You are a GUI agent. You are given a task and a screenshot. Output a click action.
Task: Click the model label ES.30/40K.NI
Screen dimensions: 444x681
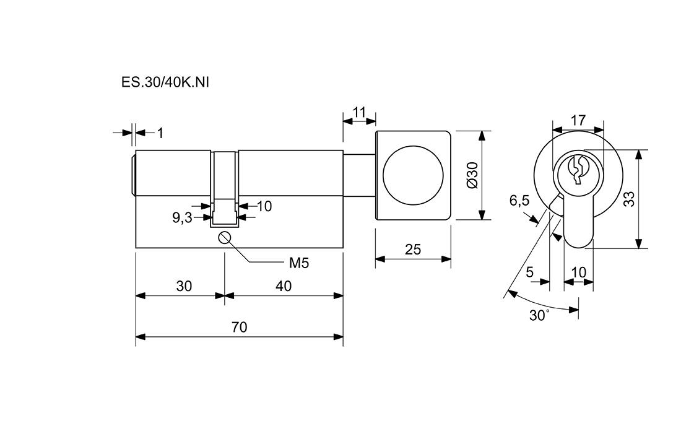[165, 82]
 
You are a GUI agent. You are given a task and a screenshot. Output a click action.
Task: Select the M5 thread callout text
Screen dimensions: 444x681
[298, 263]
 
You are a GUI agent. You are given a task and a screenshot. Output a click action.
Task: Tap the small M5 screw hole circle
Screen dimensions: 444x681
[224, 237]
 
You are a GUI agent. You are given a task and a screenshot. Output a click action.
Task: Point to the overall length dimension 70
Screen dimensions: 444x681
[239, 327]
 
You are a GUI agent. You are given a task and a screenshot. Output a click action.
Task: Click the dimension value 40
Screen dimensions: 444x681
[283, 286]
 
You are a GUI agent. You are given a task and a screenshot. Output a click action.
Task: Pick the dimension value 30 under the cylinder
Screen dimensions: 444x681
[184, 286]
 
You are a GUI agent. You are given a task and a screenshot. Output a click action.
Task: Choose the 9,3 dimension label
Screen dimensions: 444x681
[182, 217]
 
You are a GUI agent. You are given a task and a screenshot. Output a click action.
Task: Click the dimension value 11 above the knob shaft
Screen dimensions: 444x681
[359, 113]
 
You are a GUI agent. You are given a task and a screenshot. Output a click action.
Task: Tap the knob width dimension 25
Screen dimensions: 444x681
[412, 250]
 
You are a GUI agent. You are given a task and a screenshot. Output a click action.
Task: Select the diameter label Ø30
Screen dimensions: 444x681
[472, 175]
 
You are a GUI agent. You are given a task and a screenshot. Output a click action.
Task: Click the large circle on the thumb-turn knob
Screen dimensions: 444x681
[413, 175]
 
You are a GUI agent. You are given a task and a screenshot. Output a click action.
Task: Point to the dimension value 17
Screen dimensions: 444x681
[578, 121]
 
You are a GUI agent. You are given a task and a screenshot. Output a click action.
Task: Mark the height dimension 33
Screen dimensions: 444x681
[629, 199]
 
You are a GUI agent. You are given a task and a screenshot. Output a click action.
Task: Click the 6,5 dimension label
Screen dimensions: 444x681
[519, 201]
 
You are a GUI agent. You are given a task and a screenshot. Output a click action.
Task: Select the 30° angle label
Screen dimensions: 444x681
[539, 315]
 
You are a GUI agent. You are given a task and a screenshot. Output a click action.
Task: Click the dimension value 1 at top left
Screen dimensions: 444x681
[160, 133]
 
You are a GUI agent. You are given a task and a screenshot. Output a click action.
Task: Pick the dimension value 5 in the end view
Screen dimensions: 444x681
[530, 272]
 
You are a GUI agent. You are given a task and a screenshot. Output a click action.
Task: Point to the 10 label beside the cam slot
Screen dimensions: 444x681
[264, 206]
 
